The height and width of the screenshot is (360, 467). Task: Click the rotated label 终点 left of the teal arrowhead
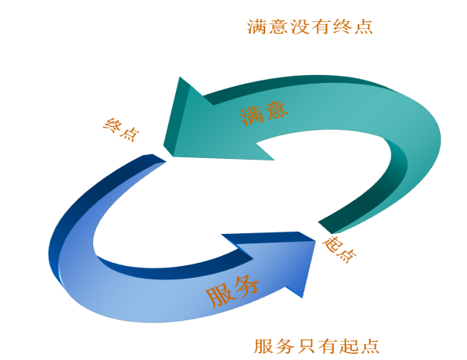tap(121, 129)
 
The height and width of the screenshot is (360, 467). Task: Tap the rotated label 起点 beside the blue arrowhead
tap(339, 249)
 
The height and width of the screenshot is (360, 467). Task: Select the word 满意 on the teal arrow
tap(264, 112)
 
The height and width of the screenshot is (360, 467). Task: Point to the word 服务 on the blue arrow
tap(232, 291)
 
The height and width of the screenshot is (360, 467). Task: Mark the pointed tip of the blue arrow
tap(315, 240)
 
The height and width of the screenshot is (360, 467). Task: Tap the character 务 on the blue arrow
tap(246, 286)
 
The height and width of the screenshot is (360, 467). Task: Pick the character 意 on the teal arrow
tap(276, 110)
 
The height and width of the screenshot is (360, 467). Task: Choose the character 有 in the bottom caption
tap(327, 346)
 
